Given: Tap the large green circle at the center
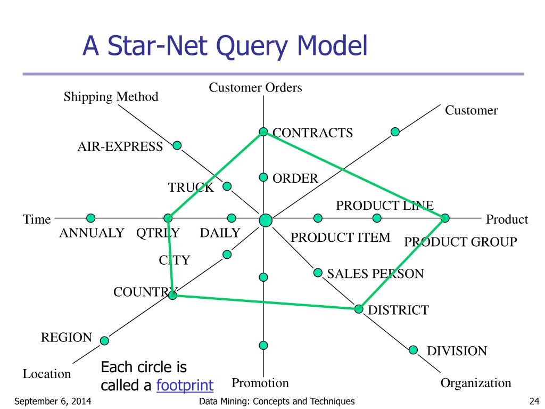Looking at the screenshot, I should point(266,219).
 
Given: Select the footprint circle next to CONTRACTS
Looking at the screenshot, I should point(263,132).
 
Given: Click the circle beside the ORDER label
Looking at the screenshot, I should point(263,177).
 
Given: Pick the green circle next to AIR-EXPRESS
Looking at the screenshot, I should point(177,145).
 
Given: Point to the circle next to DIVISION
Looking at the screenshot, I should point(414,349).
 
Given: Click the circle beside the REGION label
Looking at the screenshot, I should point(104,340).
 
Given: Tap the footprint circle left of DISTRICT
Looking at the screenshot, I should point(359,309).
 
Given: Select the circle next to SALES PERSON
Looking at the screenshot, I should point(318,273).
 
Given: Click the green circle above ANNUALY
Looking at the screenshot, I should point(91,217).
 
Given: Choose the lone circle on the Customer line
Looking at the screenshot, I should point(395,132).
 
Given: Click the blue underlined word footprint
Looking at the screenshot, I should point(185,385).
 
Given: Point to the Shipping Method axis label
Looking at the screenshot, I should point(111,96).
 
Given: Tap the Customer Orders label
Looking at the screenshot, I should point(255,87).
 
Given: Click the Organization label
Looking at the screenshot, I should point(476,383).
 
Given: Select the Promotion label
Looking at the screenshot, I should point(260,383).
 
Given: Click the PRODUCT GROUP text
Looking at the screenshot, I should point(460,242).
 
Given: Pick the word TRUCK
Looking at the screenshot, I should point(191,187).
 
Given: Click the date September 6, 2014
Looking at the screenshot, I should point(52,401).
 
